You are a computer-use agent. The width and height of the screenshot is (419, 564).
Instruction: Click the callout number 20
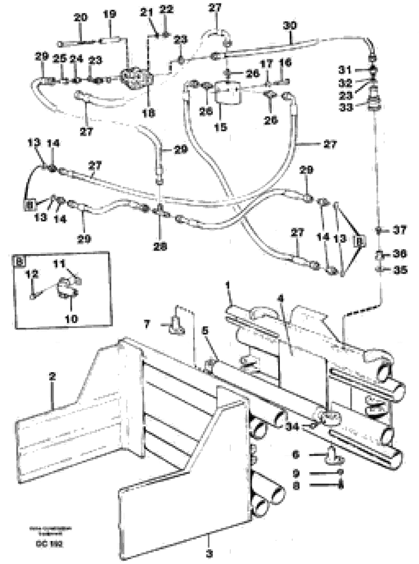(80, 17)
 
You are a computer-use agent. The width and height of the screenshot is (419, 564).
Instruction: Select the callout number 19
(109, 14)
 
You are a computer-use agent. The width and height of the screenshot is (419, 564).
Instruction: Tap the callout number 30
(290, 25)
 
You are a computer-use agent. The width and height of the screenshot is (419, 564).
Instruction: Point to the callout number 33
(346, 107)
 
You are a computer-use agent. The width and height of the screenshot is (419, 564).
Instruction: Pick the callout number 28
(160, 246)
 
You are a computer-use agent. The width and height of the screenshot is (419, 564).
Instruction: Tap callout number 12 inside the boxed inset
(32, 274)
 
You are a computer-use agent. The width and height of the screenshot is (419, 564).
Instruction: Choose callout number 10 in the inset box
(71, 319)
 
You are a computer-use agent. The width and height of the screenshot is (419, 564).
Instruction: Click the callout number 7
(147, 324)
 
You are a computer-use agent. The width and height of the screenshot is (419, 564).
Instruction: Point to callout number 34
(292, 427)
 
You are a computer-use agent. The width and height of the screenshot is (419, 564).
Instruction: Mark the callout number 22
(167, 9)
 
